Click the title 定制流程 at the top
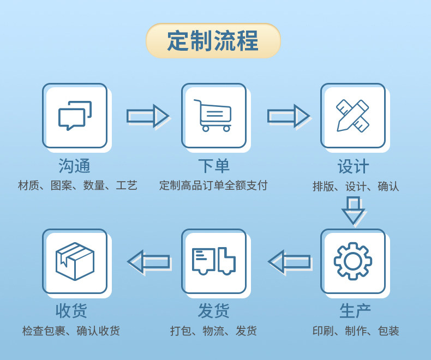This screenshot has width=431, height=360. (x=213, y=41)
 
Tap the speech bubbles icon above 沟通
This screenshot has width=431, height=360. (x=75, y=116)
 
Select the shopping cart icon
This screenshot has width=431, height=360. (x=213, y=116)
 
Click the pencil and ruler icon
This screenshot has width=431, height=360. (x=352, y=116)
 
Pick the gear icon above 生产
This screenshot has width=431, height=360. (x=352, y=261)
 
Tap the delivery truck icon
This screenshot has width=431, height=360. (x=213, y=261)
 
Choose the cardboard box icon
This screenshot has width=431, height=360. (x=75, y=261)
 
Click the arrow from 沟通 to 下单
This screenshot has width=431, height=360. (x=147, y=116)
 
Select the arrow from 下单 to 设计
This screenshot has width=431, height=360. (x=288, y=116)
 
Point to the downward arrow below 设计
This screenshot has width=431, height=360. (x=353, y=210)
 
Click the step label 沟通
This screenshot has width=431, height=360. (x=75, y=166)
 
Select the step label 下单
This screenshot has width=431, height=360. (x=213, y=166)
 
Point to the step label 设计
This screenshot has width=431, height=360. (x=353, y=166)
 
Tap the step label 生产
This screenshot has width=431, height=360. (x=355, y=311)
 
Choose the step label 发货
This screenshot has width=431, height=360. (x=213, y=311)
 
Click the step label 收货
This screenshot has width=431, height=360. (x=71, y=311)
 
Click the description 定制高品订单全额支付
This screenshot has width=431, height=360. (x=213, y=185)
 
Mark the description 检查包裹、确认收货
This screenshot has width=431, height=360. (x=71, y=331)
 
